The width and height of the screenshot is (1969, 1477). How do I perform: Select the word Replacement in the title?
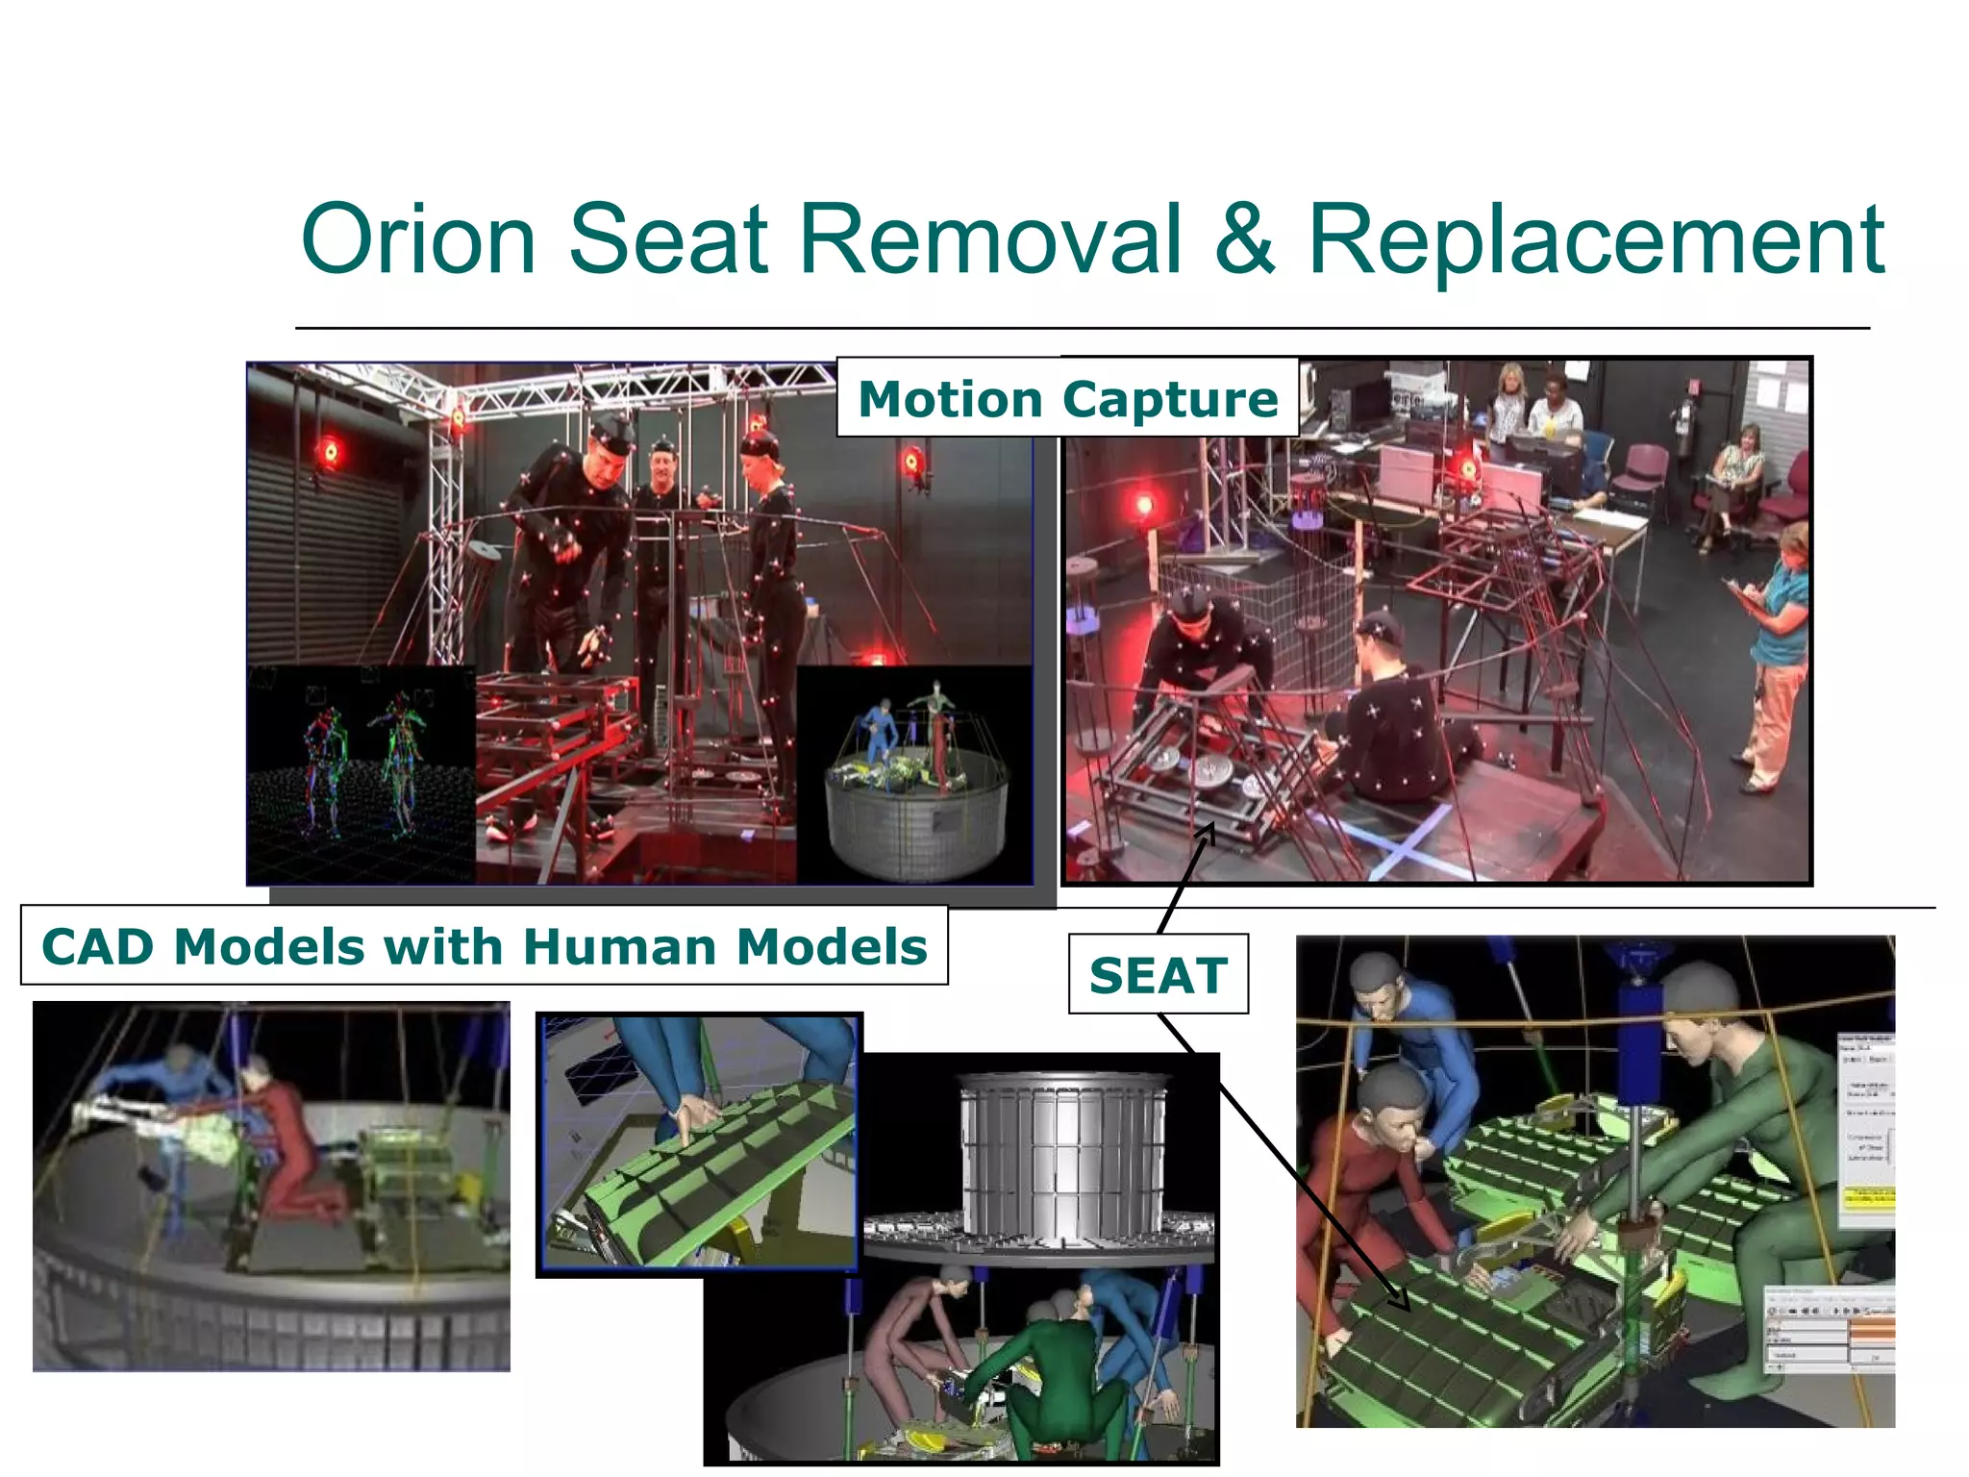[x=1596, y=240]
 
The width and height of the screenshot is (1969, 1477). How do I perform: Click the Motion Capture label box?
[x=1067, y=398]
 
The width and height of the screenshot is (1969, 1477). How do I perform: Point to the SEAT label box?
[x=1158, y=975]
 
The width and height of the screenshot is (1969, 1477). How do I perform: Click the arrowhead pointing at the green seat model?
[x=1402, y=1300]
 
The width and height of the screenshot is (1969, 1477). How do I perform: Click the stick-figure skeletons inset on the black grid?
[x=361, y=769]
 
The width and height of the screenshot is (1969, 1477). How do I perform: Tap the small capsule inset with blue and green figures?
[x=913, y=774]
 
